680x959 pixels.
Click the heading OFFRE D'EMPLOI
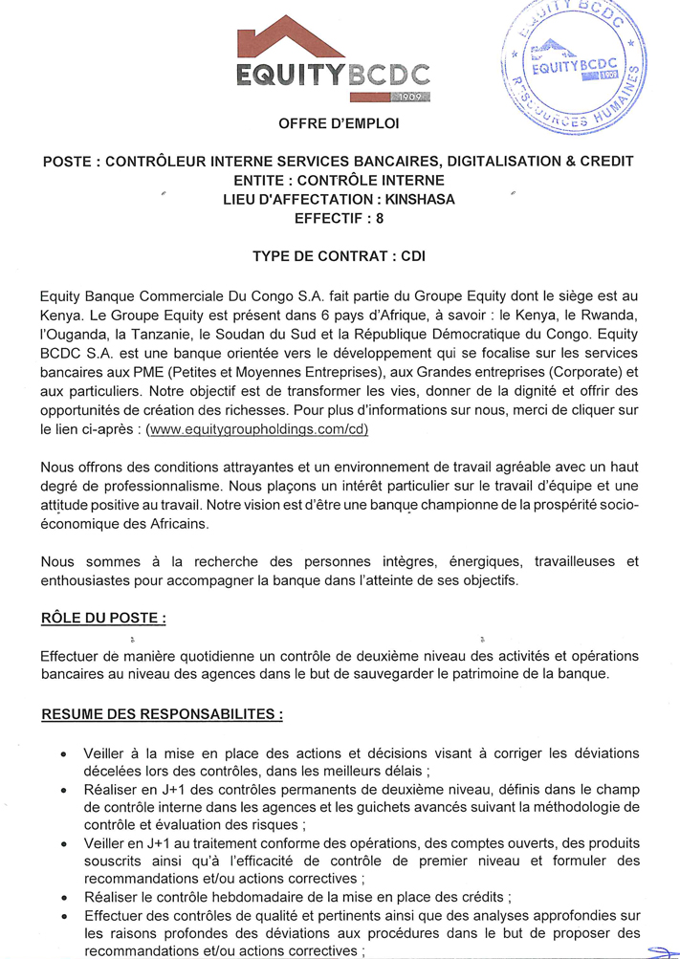tap(340, 124)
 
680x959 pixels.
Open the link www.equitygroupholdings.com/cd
tap(256, 429)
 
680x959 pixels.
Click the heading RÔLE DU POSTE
tap(104, 619)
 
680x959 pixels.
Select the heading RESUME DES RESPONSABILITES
tap(162, 714)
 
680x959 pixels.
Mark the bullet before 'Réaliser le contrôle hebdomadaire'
tap(62, 898)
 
